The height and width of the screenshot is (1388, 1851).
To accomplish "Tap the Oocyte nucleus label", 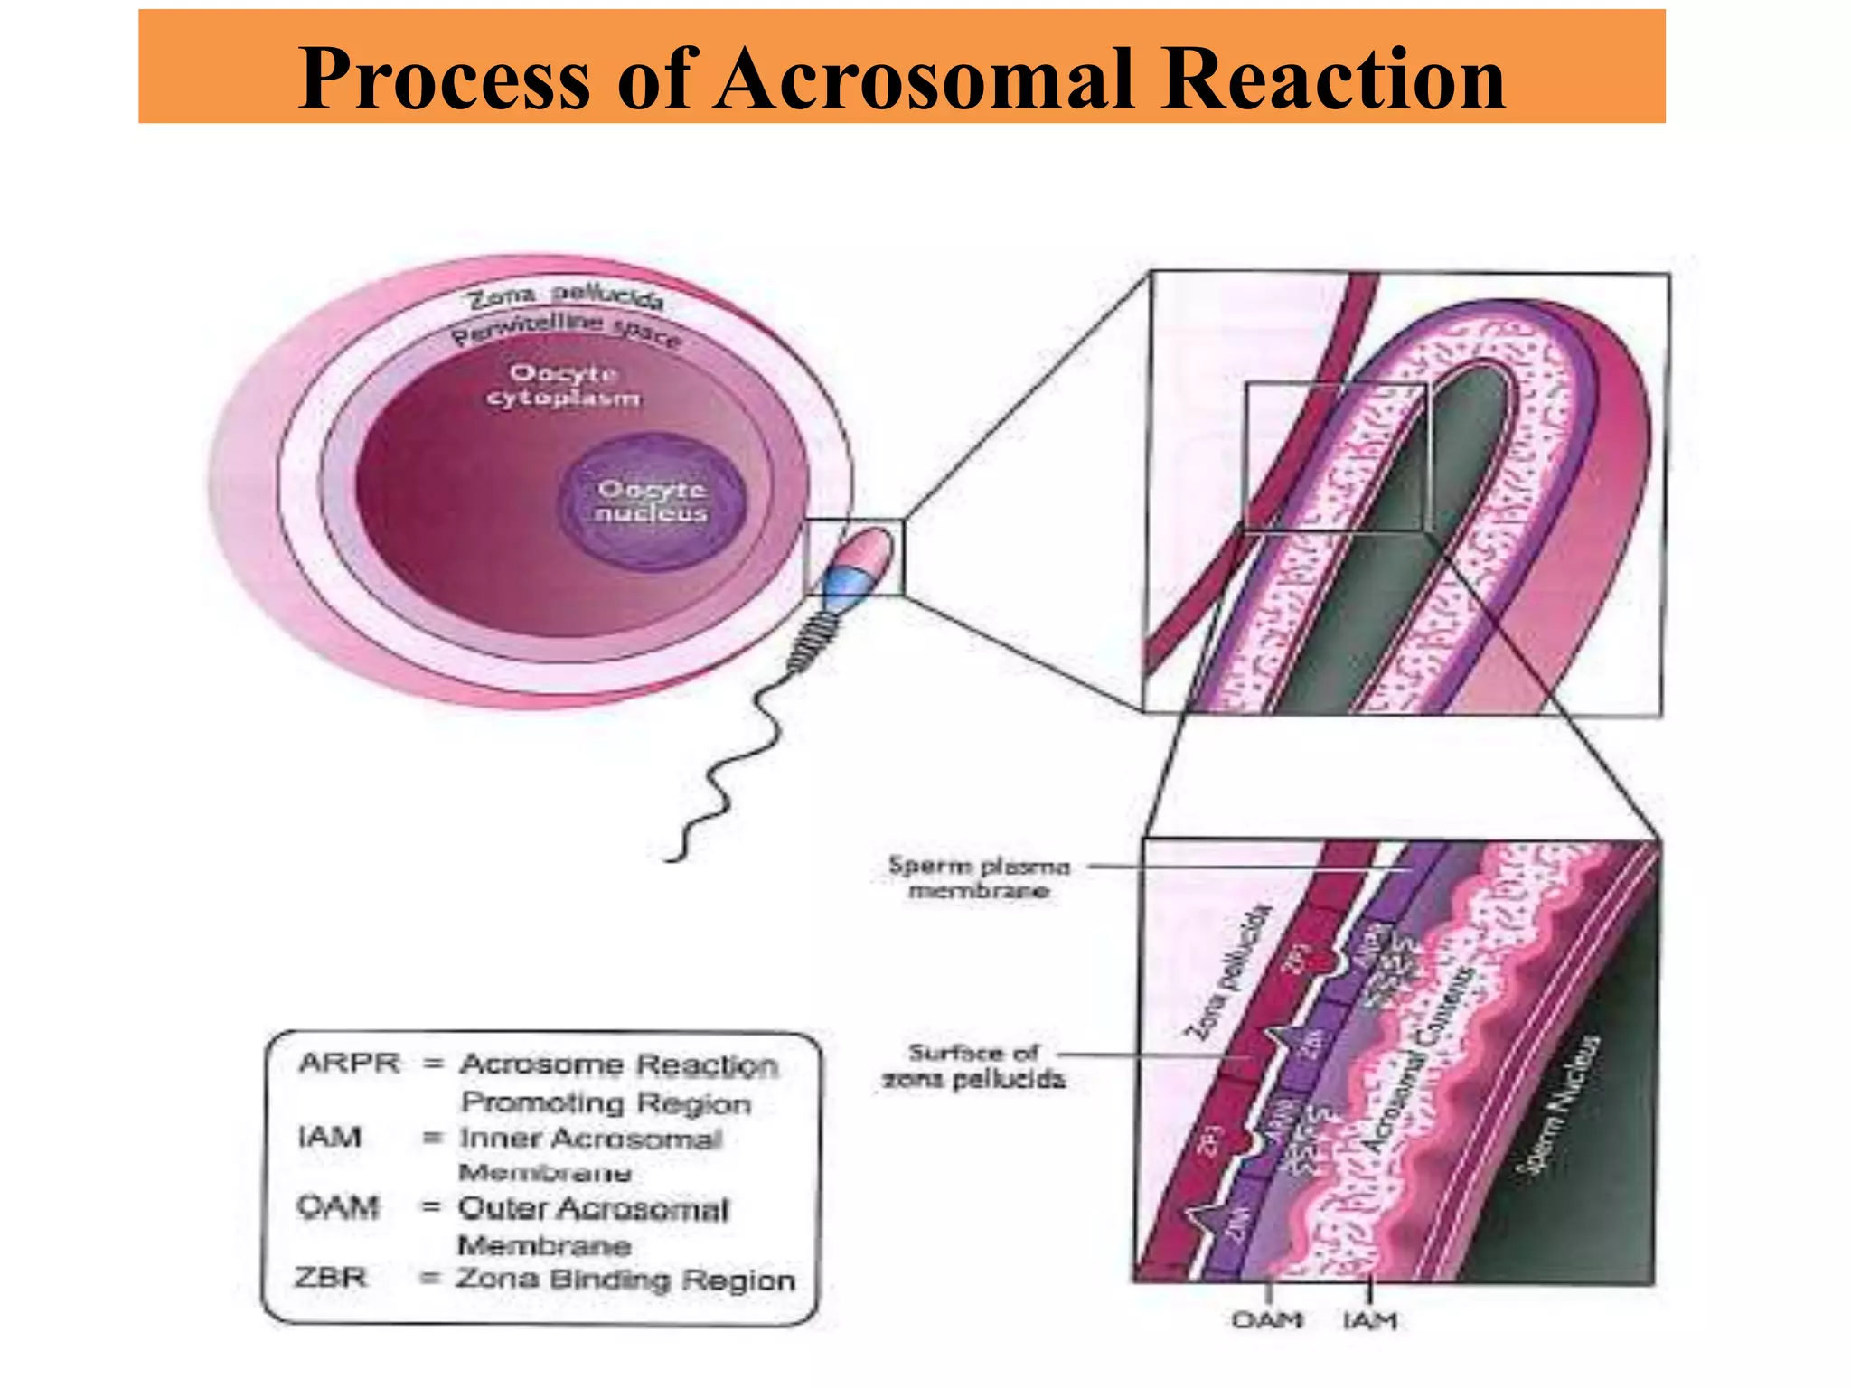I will (x=652, y=502).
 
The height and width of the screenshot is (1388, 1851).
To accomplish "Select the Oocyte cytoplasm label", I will (x=564, y=386).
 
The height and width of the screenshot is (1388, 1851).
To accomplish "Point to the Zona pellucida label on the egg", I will (x=567, y=295).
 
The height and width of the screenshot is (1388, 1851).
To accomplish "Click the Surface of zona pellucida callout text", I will (x=973, y=1066).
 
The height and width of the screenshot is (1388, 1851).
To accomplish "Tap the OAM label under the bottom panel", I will (x=1267, y=1321).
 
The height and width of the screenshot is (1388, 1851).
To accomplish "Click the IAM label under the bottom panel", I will (x=1370, y=1321).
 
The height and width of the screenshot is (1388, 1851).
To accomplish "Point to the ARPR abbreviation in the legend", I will (x=349, y=1064).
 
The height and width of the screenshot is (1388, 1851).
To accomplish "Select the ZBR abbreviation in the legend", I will (x=331, y=1278).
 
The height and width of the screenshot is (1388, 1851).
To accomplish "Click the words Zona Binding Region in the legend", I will (x=625, y=1280).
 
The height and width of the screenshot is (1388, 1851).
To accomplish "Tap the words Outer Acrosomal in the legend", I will (x=593, y=1209).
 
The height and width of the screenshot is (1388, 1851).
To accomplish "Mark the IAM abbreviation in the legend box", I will (x=329, y=1137).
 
